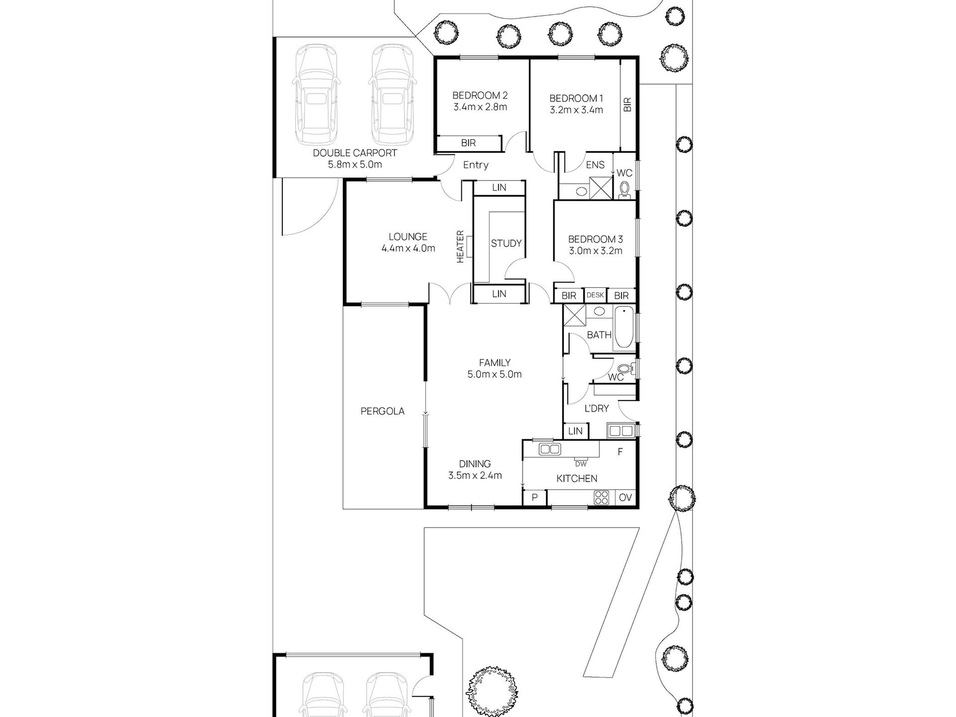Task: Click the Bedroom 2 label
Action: [x=480, y=95]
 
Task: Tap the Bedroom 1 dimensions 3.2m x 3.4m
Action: [x=576, y=110]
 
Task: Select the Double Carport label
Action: [x=355, y=153]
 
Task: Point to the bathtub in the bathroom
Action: [x=623, y=329]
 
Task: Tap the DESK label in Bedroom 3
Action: [x=595, y=295]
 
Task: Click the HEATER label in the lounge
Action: [x=460, y=246]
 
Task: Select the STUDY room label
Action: [x=506, y=244]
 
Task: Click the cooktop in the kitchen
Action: [x=602, y=497]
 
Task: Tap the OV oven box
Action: [x=625, y=497]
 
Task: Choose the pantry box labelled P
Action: [x=535, y=497]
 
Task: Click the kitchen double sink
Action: [x=549, y=449]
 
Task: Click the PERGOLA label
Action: [x=382, y=411]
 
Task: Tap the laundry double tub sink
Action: [x=620, y=431]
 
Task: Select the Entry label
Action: [x=475, y=165]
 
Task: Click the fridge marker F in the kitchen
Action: [x=620, y=452]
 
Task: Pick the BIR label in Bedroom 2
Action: [x=468, y=143]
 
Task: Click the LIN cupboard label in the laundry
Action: [x=575, y=431]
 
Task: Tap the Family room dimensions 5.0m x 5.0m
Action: [x=495, y=374]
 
